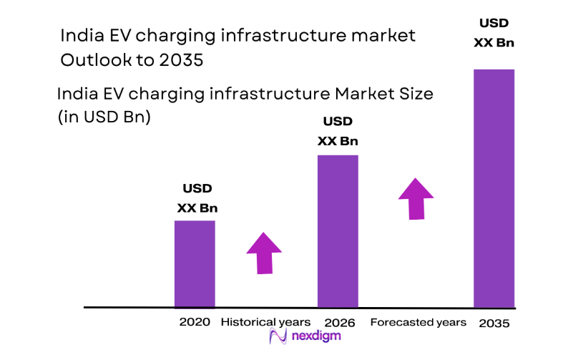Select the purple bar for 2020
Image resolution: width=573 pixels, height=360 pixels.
pos(195,263)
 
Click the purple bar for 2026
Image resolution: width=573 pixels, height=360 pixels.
pos(338,230)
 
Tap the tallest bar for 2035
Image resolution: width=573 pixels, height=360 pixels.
pos(494,188)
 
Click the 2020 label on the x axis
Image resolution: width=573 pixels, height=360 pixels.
pos(195,322)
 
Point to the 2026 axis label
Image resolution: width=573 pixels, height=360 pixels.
pos(339,322)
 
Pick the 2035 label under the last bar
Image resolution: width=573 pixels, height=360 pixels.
pos(494,323)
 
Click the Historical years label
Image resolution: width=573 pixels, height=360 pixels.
pos(265,322)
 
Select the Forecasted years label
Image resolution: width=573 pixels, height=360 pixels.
pos(418,322)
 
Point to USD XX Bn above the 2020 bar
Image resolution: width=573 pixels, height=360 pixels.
pos(197,199)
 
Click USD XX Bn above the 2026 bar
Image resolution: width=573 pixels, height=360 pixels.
pos(338,131)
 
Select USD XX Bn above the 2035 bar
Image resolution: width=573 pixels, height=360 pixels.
pos(494,33)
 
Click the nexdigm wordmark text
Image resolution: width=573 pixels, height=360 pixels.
pos(315,336)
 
